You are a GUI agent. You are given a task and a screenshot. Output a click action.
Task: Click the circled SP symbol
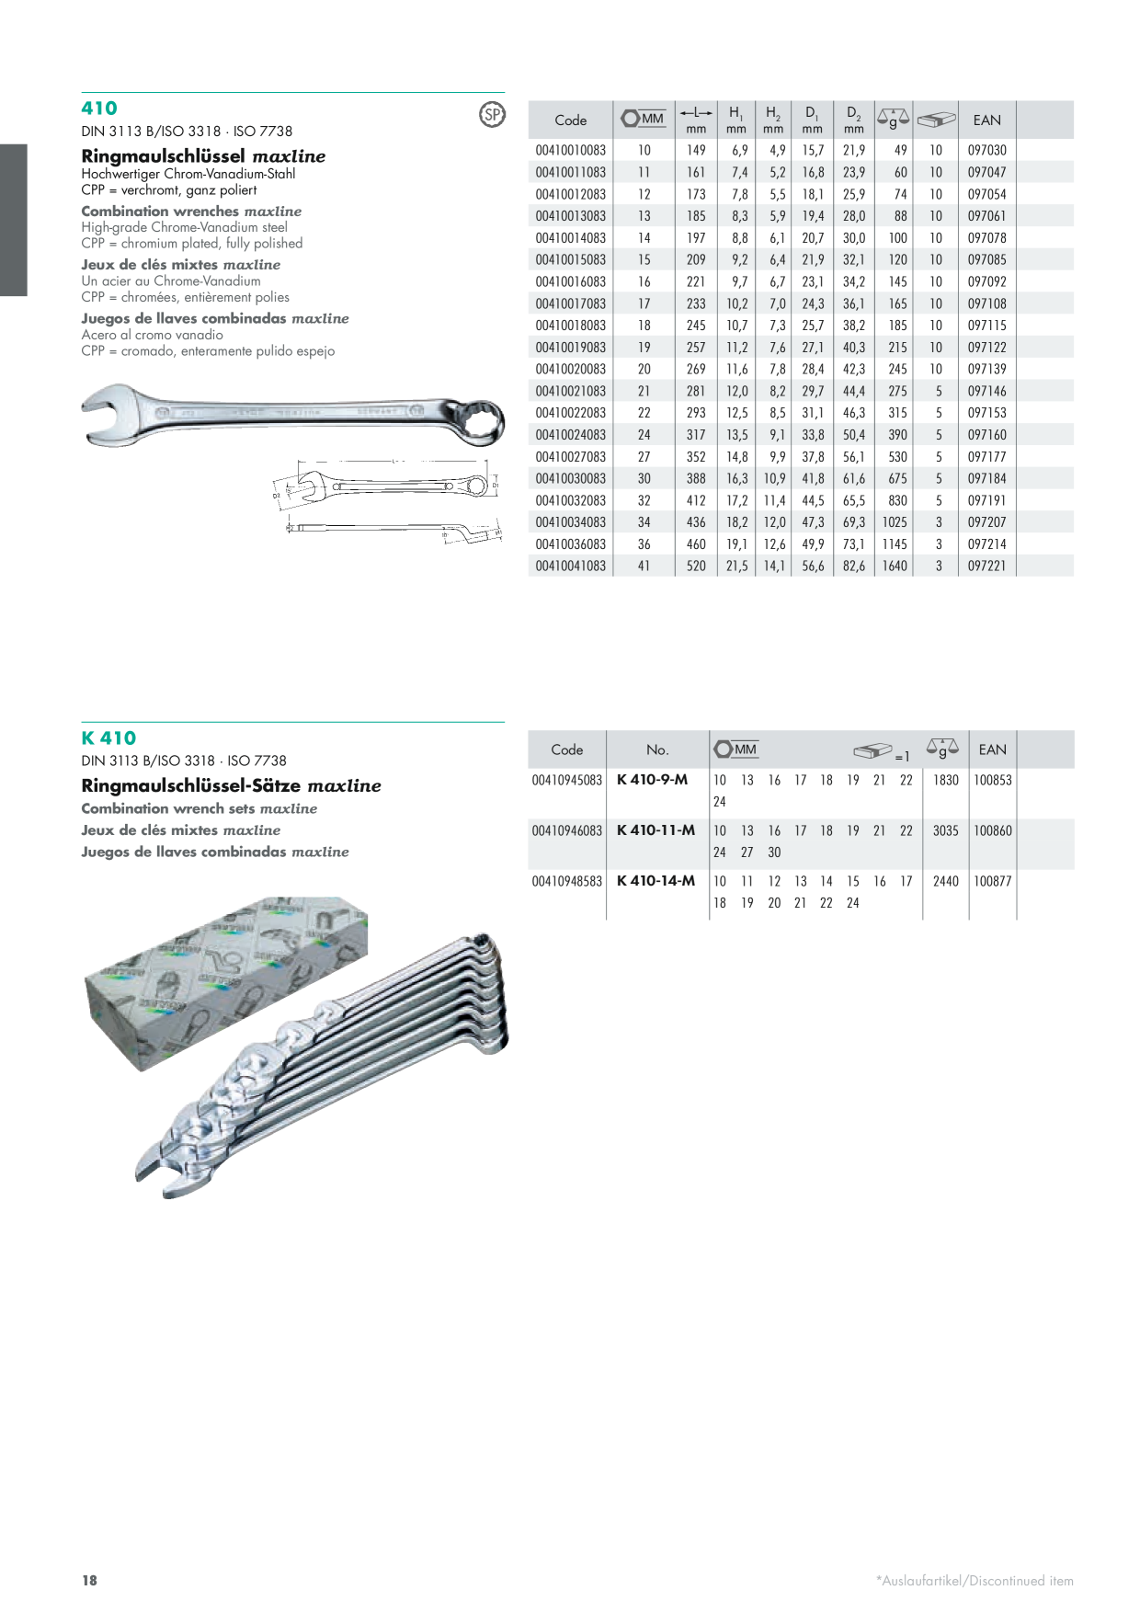(493, 114)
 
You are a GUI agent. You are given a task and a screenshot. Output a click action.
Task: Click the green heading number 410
(99, 109)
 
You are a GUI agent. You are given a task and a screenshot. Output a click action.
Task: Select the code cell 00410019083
(571, 348)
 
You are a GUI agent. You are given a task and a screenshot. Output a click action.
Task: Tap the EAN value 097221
(986, 566)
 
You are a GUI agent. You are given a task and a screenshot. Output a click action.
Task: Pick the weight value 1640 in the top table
(895, 566)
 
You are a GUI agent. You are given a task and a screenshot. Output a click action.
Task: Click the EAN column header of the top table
(986, 120)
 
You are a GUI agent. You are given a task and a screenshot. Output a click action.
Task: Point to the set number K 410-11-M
(655, 830)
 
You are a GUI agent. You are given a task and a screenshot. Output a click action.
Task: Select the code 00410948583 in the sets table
(567, 881)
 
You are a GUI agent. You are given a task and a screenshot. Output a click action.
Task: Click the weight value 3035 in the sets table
(945, 830)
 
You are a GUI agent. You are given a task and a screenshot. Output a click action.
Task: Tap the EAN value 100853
(993, 780)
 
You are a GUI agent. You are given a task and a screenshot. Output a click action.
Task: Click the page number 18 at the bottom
(89, 1581)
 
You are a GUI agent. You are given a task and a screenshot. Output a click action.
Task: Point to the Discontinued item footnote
(975, 1581)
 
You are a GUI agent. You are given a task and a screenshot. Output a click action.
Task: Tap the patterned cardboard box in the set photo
(225, 980)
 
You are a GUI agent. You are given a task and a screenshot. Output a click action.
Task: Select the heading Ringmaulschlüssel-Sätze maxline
(231, 786)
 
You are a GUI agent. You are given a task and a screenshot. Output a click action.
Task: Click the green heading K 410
(108, 738)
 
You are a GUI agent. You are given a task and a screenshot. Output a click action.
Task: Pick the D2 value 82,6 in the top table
(854, 566)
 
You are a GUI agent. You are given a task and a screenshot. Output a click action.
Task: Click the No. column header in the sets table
(657, 749)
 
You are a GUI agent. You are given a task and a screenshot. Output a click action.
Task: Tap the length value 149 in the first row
(696, 150)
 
